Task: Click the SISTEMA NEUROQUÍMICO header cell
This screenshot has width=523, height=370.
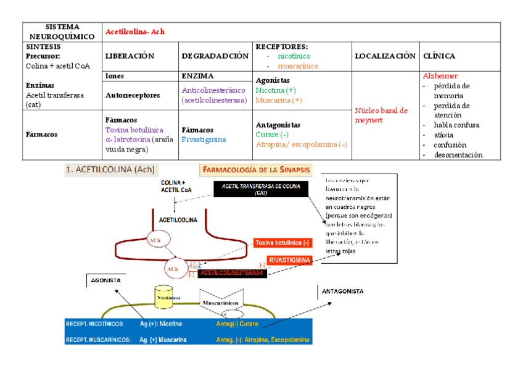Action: (62, 32)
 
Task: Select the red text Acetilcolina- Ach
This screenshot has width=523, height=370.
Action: (135, 32)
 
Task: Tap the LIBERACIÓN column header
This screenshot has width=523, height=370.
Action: (129, 56)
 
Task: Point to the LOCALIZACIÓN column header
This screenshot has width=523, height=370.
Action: (385, 56)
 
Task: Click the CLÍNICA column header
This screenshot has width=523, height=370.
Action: (440, 56)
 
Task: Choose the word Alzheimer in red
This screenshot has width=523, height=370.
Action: (440, 76)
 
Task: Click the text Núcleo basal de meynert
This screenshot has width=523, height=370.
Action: (381, 115)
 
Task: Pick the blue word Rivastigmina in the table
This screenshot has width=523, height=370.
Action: (204, 140)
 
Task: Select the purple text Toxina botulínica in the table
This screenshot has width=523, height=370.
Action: (134, 130)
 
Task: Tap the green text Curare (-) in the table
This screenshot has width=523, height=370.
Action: (272, 135)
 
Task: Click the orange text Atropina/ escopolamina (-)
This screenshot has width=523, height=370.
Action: (301, 145)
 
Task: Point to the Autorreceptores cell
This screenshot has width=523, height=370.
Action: (133, 96)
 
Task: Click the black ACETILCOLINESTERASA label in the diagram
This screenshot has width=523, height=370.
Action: (232, 272)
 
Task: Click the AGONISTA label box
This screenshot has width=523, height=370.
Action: (105, 280)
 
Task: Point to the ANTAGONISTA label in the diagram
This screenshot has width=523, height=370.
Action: (343, 291)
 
